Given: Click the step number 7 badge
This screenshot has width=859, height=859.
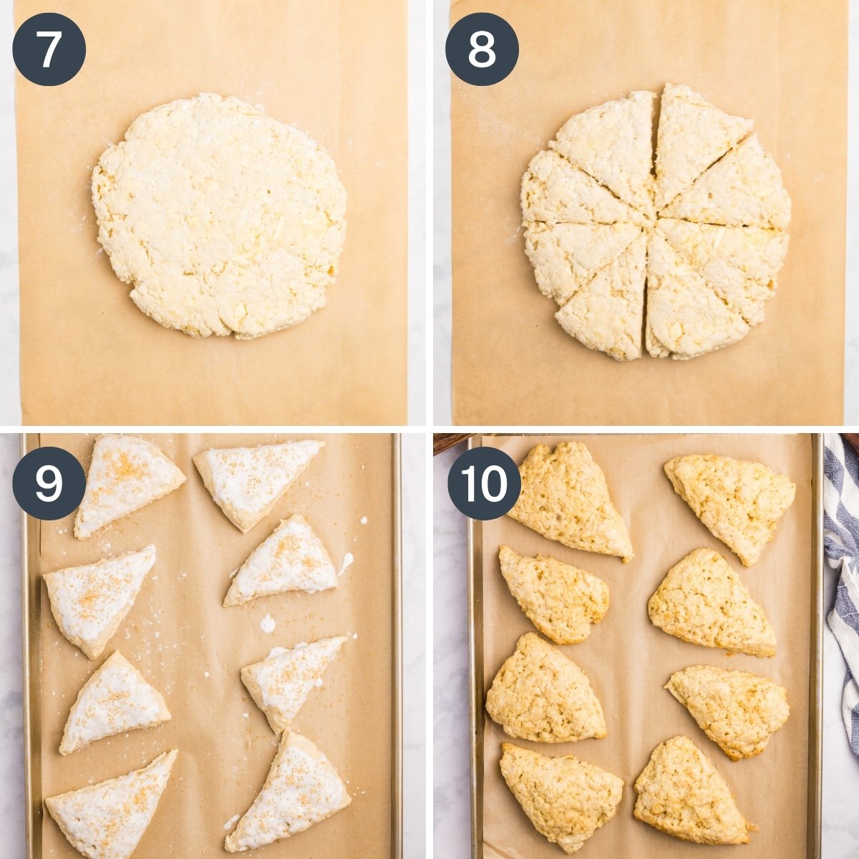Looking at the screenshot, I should coord(49,49).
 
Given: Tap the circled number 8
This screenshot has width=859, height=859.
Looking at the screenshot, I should coord(482,49).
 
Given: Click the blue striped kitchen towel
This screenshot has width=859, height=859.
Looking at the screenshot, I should coord(843,573).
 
